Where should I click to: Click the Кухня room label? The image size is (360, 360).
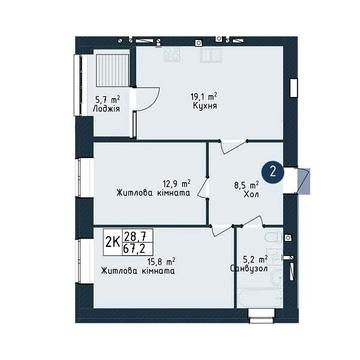click(x=205, y=106)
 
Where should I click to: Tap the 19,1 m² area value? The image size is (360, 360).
click(x=204, y=97)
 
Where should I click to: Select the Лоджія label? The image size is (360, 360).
click(x=106, y=109)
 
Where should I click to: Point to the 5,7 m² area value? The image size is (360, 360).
click(x=106, y=99)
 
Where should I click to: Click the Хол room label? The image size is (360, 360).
click(x=252, y=195)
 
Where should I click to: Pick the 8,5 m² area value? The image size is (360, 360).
click(x=248, y=185)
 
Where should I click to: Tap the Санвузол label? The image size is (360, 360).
click(x=249, y=269)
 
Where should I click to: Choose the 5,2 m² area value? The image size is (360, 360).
click(x=256, y=259)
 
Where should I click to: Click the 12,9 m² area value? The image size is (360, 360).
click(x=176, y=183)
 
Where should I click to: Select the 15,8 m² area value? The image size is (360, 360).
click(x=162, y=261)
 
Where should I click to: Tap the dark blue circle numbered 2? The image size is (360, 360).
click(x=273, y=172)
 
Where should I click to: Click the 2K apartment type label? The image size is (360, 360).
click(x=112, y=242)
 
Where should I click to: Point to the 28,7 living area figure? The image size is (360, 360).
click(x=138, y=236)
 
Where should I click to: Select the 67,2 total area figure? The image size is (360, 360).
click(x=138, y=248)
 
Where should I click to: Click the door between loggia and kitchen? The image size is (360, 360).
click(x=147, y=99)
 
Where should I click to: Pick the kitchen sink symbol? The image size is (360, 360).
click(x=212, y=55)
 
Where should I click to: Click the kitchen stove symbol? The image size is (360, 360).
click(x=172, y=55)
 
